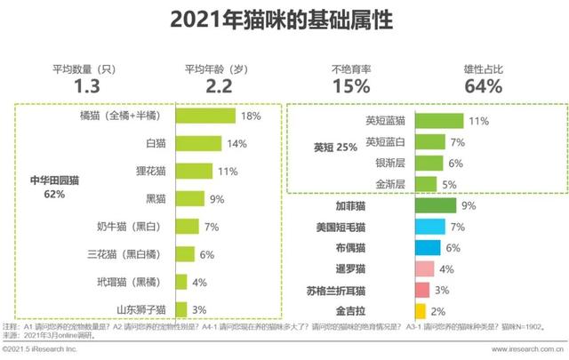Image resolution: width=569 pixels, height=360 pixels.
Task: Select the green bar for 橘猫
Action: pos(205,116)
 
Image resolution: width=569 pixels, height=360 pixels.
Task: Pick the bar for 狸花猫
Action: pos(195,171)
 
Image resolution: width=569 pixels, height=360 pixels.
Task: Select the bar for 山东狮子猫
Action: pos(181,309)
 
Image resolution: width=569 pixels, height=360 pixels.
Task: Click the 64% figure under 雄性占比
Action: pos(484,86)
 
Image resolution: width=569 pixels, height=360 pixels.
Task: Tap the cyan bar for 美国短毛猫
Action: pos(429,227)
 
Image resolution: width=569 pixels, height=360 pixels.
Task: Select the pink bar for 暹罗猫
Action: pos(424,269)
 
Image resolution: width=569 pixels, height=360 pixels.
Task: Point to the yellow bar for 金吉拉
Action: pos(420,311)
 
